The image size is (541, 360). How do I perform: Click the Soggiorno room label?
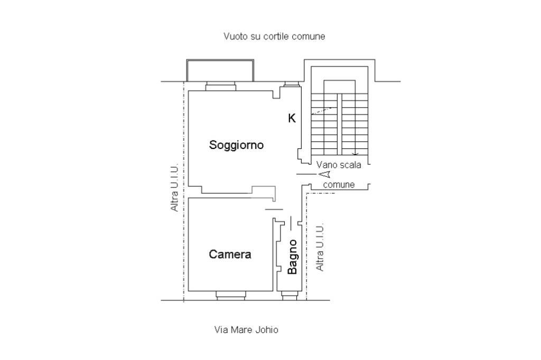tap(236, 145)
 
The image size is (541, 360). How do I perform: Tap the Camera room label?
tap(230, 254)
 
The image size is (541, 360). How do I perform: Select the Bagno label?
tap(292, 257)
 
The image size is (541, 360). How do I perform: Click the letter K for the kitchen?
tap(292, 118)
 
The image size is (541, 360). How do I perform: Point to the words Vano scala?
tap(339, 165)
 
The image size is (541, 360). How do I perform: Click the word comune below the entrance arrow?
tap(339, 185)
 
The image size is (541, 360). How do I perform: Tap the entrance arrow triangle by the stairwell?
tap(324, 174)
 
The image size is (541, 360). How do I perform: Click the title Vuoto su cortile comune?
tap(274, 36)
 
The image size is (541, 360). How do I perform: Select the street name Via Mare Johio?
tap(246, 330)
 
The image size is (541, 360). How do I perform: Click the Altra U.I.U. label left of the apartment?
tap(174, 188)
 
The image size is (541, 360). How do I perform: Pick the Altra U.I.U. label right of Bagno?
tap(320, 247)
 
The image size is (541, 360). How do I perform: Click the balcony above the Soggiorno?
tap(220, 70)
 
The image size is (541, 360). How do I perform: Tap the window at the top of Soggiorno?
tap(220, 87)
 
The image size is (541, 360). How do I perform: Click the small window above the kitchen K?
tap(292, 84)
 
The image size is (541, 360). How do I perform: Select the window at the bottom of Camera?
tap(230, 295)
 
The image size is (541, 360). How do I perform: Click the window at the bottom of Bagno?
tap(290, 296)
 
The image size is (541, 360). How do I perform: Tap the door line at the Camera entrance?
tap(274, 210)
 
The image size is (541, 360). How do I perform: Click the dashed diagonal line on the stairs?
tap(322, 110)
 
